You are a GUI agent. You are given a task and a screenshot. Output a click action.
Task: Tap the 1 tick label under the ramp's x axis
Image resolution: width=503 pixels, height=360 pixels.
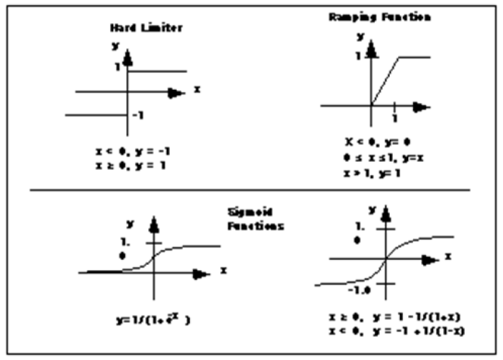point(394,118)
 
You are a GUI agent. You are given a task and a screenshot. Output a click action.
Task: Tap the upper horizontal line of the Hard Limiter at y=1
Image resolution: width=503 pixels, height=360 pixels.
point(157,71)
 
